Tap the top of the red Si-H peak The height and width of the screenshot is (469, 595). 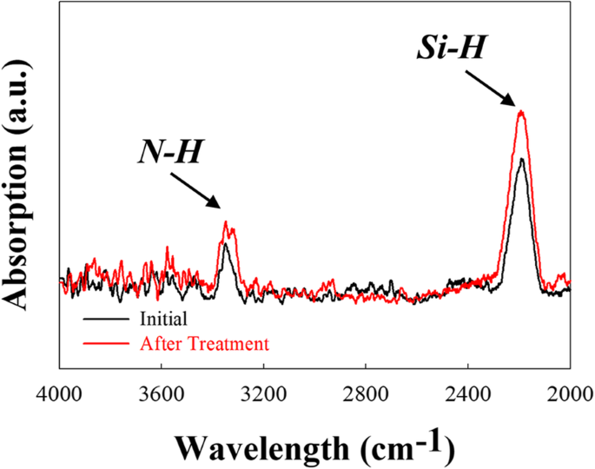pos(521,111)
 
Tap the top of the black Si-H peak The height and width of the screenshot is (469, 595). pos(520,159)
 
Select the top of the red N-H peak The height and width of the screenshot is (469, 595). pos(227,222)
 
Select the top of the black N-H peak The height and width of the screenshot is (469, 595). pos(225,244)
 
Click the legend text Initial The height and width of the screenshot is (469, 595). pos(163,319)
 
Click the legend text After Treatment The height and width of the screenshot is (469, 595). pos(204,343)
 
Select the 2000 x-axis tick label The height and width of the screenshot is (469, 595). pos(569,392)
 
